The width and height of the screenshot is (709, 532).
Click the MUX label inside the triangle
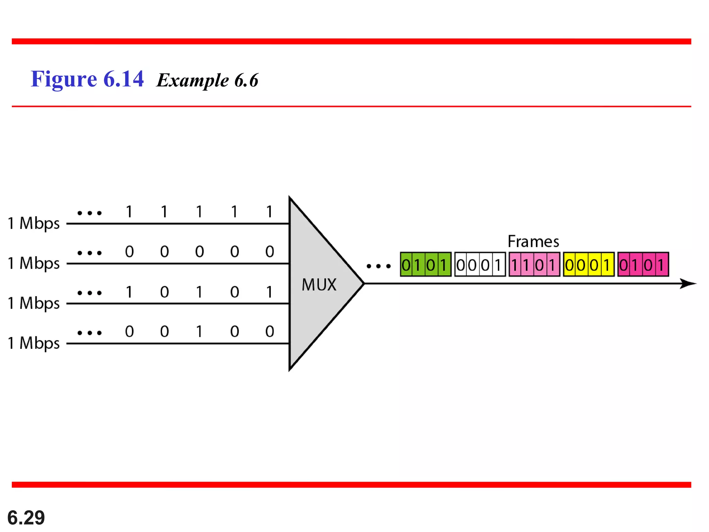tap(319, 285)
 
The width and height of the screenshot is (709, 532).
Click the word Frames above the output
tap(533, 242)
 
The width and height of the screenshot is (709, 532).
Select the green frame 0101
tap(425, 265)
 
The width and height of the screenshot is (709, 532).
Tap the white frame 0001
tap(480, 265)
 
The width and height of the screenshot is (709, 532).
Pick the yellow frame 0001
tap(589, 265)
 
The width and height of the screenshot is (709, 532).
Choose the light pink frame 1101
tap(534, 265)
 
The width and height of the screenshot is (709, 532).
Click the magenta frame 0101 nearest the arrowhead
tap(643, 265)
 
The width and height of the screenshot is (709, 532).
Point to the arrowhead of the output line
tap(689, 284)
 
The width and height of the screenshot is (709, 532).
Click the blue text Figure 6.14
tap(87, 79)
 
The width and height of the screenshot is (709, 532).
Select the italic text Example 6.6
tap(207, 80)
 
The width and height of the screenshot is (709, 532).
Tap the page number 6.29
tap(26, 518)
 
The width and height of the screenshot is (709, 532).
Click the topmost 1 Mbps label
tap(34, 223)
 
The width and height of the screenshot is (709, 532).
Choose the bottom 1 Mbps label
tap(34, 343)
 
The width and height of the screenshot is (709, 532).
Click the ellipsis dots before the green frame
tap(378, 266)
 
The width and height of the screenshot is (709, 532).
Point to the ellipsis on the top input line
tap(90, 213)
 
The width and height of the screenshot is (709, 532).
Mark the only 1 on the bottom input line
tap(199, 332)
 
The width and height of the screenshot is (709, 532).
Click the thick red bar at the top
tap(351, 42)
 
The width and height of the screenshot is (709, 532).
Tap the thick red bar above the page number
tap(351, 485)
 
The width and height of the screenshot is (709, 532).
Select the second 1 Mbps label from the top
tap(34, 263)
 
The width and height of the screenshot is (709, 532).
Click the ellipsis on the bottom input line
tap(90, 333)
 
